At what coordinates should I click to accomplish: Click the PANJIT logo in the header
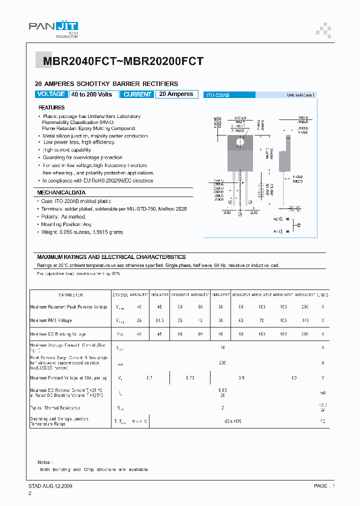tap(53, 28)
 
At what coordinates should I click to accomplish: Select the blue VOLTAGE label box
tap(51, 94)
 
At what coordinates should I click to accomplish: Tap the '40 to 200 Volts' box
tap(91, 94)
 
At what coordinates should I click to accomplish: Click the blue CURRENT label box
tap(137, 94)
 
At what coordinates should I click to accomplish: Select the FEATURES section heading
tap(51, 107)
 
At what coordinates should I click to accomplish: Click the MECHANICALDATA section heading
tap(61, 192)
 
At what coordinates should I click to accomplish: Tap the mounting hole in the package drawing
tap(240, 142)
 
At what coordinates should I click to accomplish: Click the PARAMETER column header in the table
tap(70, 295)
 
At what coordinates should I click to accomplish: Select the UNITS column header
tap(322, 295)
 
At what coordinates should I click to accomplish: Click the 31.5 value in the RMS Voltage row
tap(159, 320)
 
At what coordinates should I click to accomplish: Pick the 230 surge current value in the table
tap(222, 363)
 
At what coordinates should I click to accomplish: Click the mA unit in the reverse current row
tap(322, 392)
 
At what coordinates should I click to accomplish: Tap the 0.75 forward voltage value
tap(189, 377)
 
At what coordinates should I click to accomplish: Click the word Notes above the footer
tap(44, 462)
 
